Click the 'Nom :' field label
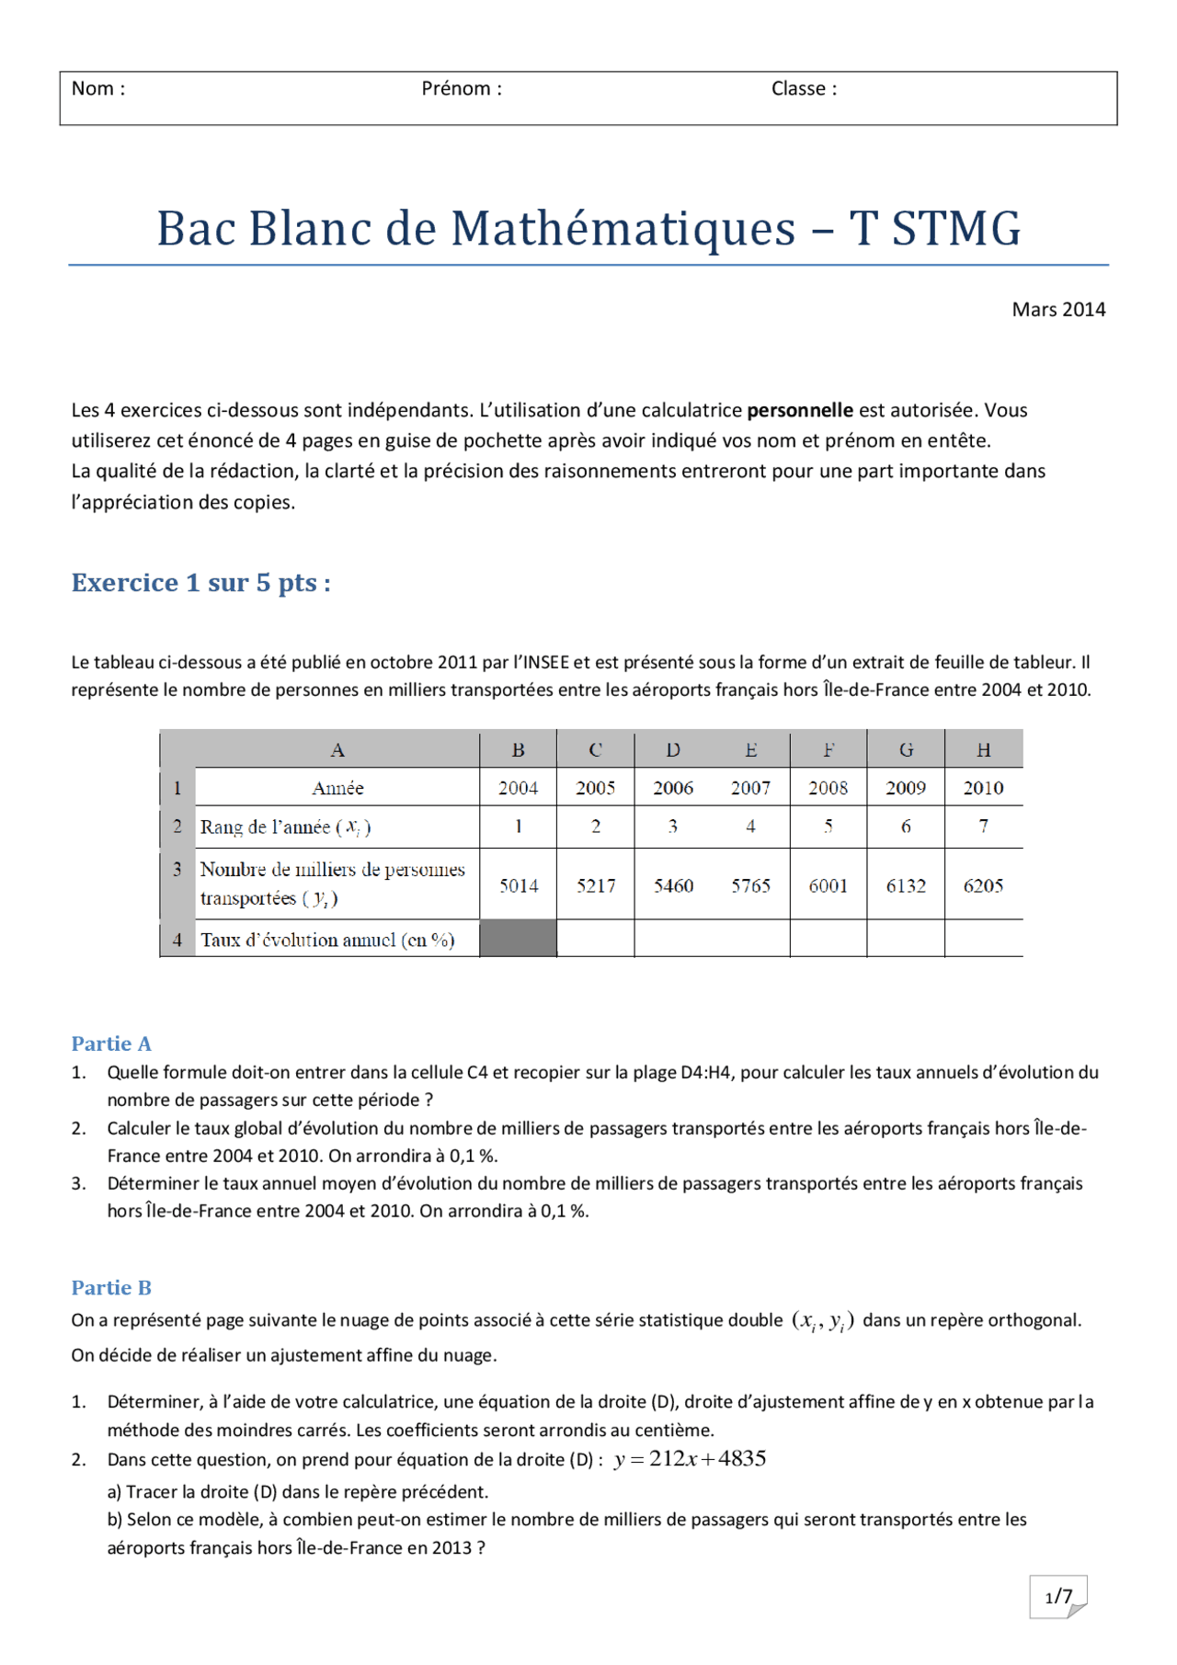click(98, 89)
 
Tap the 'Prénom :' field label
click(462, 89)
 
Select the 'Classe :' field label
click(804, 89)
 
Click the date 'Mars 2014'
click(1058, 310)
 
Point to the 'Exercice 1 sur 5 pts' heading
click(200, 583)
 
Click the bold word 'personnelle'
click(799, 410)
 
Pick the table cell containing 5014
click(519, 885)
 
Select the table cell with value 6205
click(983, 885)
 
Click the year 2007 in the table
click(750, 788)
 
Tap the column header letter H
click(983, 750)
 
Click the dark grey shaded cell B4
click(519, 939)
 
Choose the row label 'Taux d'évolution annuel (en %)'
click(327, 940)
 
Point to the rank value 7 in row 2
click(983, 826)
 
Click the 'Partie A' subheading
click(111, 1043)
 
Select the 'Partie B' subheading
click(111, 1287)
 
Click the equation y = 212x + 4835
click(690, 1459)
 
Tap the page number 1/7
click(1058, 1596)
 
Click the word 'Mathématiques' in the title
click(623, 228)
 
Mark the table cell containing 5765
click(750, 885)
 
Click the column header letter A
click(337, 750)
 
